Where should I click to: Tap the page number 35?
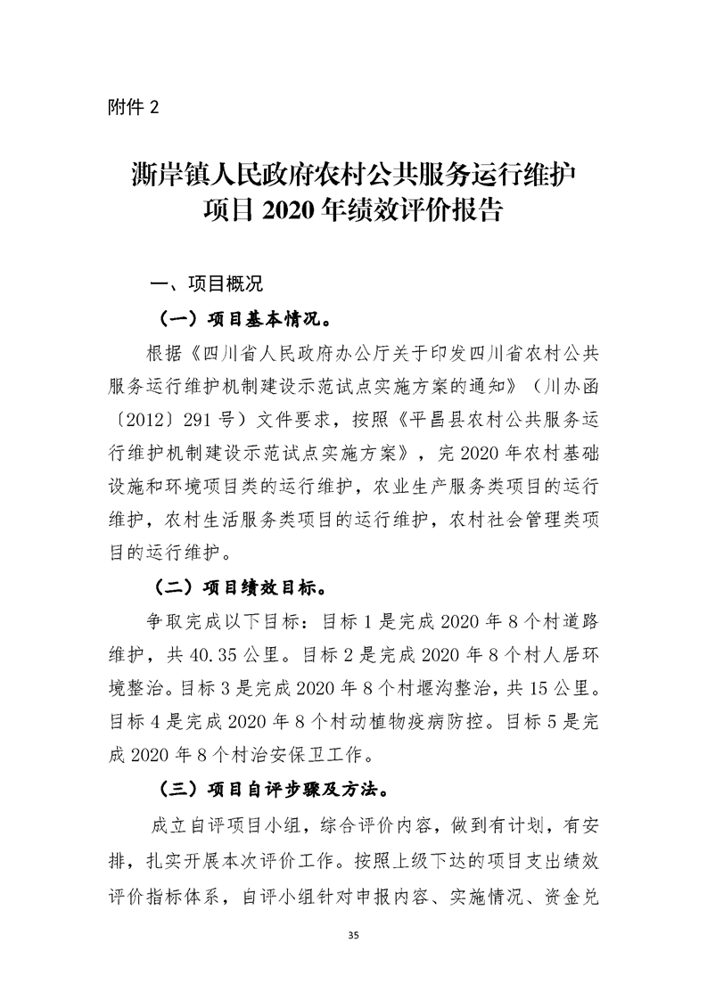(354, 935)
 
